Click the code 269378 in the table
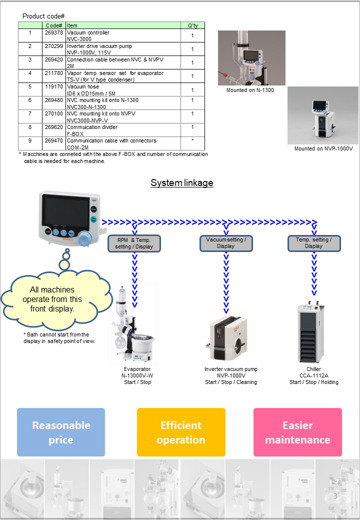53,32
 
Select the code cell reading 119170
53,86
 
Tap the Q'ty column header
193,25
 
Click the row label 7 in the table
30,113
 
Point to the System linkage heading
182,182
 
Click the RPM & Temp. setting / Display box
134,243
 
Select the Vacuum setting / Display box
226,243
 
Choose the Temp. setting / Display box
314,243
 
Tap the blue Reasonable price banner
61,432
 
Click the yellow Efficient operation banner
181,432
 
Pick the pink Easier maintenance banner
297,432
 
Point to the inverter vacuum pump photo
229,338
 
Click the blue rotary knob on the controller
85,238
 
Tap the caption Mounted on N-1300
250,90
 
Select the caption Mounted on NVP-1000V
323,148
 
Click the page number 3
335,496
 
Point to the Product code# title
43,16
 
